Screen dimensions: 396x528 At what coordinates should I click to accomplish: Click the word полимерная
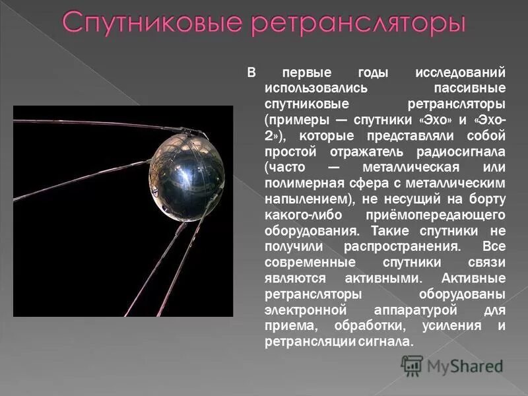coord(300,183)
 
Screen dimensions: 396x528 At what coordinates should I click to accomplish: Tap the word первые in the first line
coord(306,72)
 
